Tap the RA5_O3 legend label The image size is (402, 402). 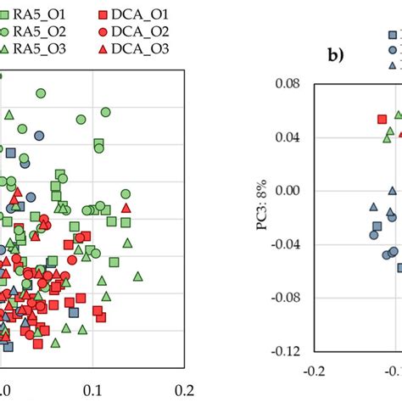click(x=39, y=50)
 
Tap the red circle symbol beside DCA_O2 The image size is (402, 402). click(x=103, y=32)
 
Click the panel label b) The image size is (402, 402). click(x=338, y=58)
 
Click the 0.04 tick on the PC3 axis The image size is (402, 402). click(x=291, y=137)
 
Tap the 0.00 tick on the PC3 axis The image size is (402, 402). click(x=291, y=191)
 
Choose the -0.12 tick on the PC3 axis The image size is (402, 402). click(x=289, y=350)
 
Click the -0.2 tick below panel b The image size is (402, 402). click(x=315, y=371)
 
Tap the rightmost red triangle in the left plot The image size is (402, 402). click(x=126, y=207)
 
